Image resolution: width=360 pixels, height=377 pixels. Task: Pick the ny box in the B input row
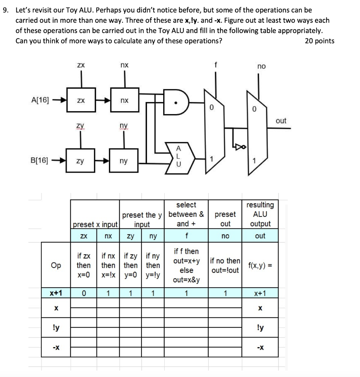click(125, 161)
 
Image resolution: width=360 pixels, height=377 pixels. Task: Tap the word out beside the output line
click(281, 121)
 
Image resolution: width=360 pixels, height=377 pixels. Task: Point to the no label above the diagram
click(261, 66)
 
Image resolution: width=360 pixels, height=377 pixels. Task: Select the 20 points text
click(319, 41)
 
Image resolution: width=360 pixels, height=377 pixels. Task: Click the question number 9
click(5, 10)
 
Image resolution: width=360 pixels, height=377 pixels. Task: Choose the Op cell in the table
click(56, 265)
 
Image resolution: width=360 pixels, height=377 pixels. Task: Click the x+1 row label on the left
click(56, 293)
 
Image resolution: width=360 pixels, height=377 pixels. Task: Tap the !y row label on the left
click(56, 328)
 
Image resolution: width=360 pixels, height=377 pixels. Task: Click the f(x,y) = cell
click(260, 265)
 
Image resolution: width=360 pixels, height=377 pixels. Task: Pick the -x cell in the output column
click(260, 347)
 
